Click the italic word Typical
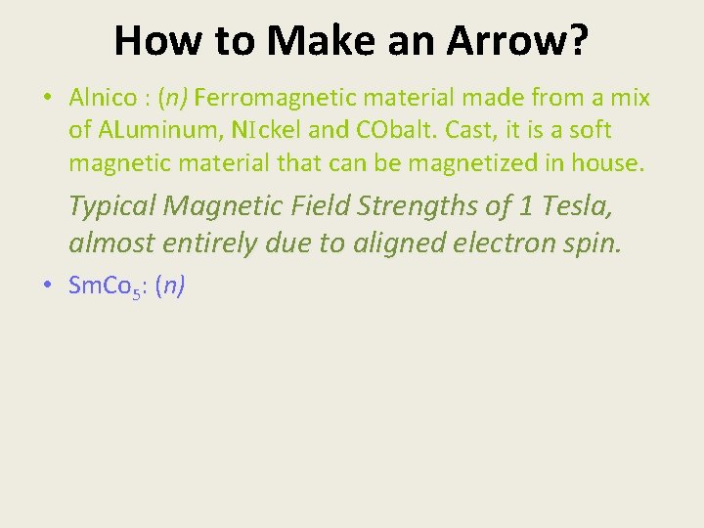click(112, 207)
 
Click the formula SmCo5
click(106, 286)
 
